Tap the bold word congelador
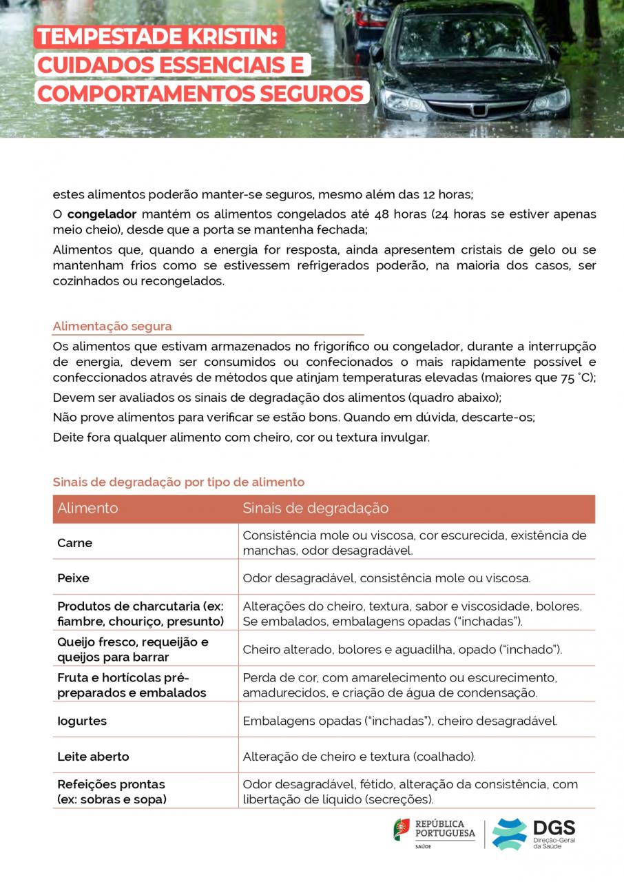click(102, 214)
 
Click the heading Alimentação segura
click(112, 326)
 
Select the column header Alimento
click(87, 509)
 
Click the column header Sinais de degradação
click(315, 509)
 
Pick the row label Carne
click(74, 543)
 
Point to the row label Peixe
click(73, 578)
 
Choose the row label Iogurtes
click(82, 721)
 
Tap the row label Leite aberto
click(93, 757)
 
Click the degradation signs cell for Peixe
click(386, 578)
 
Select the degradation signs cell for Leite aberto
click(359, 757)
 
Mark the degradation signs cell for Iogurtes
click(399, 721)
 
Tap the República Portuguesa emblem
click(401, 829)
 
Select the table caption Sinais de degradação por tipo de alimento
click(178, 482)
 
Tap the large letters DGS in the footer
click(554, 828)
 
